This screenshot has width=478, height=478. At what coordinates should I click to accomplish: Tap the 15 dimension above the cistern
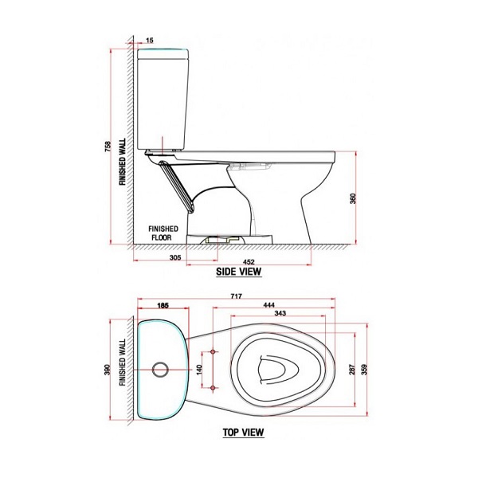(x=150, y=39)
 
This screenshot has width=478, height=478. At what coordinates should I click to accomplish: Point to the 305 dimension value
(x=176, y=257)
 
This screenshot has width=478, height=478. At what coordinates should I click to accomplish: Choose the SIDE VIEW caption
(x=239, y=272)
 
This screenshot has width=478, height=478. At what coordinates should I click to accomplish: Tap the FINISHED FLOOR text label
(x=165, y=232)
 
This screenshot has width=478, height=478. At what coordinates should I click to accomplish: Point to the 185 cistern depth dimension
(x=163, y=306)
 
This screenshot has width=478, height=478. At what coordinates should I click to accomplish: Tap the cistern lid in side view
(x=163, y=54)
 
